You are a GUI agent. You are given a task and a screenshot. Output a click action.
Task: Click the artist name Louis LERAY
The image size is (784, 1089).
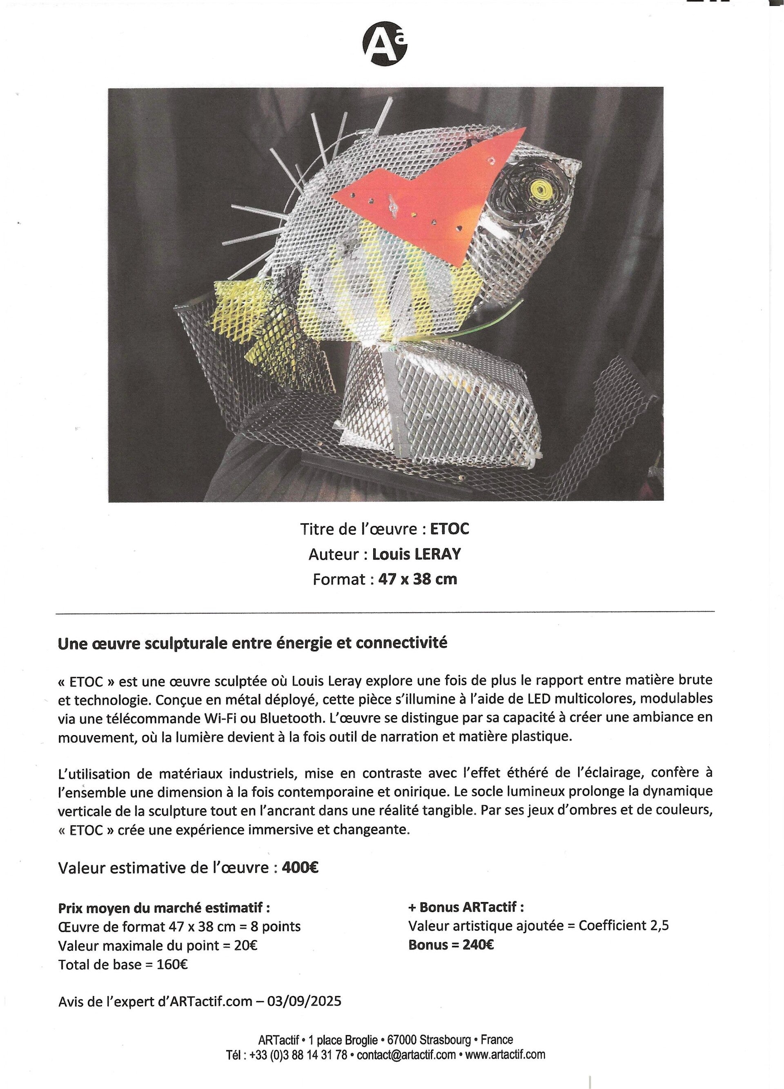[x=416, y=554]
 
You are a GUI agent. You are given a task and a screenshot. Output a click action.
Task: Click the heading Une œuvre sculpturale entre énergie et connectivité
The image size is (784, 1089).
[x=252, y=643]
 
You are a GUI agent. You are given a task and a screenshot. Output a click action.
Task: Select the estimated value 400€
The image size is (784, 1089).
[x=300, y=868]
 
